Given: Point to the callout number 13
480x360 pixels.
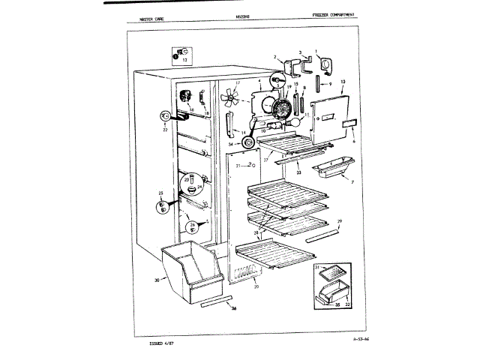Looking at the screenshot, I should pyautogui.click(x=343, y=80).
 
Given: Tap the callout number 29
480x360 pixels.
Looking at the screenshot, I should pyautogui.click(x=338, y=221).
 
